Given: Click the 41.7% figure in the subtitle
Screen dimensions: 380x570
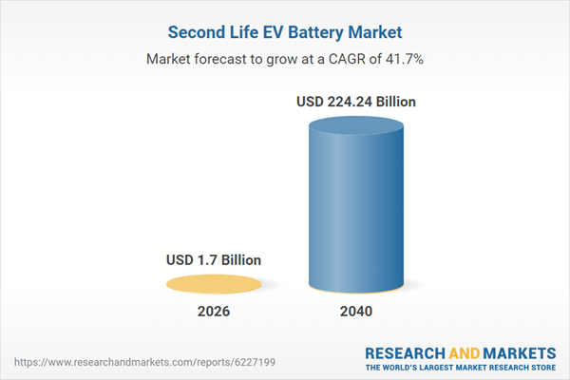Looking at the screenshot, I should (405, 59).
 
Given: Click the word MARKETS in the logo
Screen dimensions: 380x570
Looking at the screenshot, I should (519, 352).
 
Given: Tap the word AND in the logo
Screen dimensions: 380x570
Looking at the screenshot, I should (464, 352).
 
